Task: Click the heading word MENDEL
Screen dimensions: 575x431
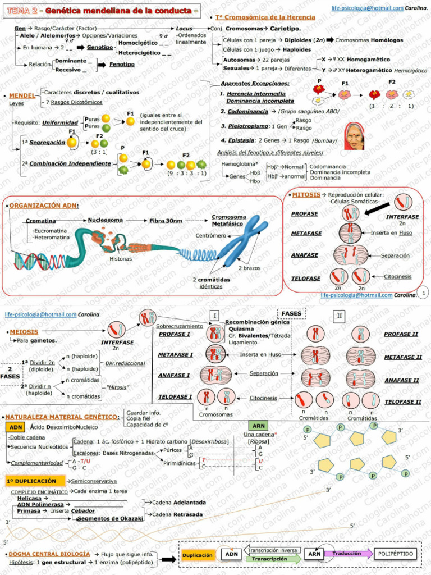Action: click(22, 95)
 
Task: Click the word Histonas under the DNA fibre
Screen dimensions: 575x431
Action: click(121, 259)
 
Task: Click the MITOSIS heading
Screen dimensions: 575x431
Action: click(306, 194)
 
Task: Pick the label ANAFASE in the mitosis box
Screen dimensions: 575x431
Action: click(305, 255)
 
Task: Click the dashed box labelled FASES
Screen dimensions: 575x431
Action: click(291, 313)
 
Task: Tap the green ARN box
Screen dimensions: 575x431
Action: click(259, 426)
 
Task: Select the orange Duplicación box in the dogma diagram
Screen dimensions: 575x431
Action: click(197, 554)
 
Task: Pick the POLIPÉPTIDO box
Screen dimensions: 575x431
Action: click(396, 554)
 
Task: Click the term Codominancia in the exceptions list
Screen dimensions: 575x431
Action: click(244, 111)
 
